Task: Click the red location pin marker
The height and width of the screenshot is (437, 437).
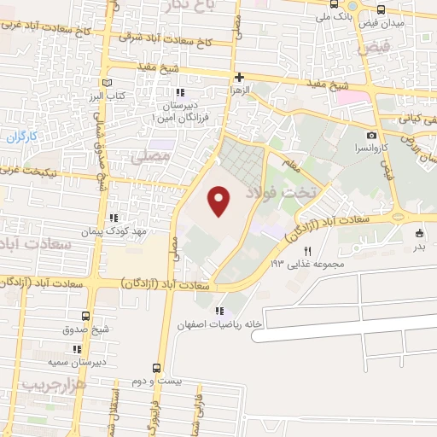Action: [x=220, y=201]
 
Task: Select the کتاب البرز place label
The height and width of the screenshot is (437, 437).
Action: [x=110, y=96]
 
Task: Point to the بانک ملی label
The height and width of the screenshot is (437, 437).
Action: [x=332, y=15]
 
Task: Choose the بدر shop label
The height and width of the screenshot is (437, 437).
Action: [x=418, y=247]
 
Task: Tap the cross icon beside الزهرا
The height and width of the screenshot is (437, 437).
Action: [x=240, y=78]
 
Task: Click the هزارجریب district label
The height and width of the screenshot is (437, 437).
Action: [x=55, y=386]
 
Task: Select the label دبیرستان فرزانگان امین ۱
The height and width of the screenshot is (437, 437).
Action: [x=179, y=108]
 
